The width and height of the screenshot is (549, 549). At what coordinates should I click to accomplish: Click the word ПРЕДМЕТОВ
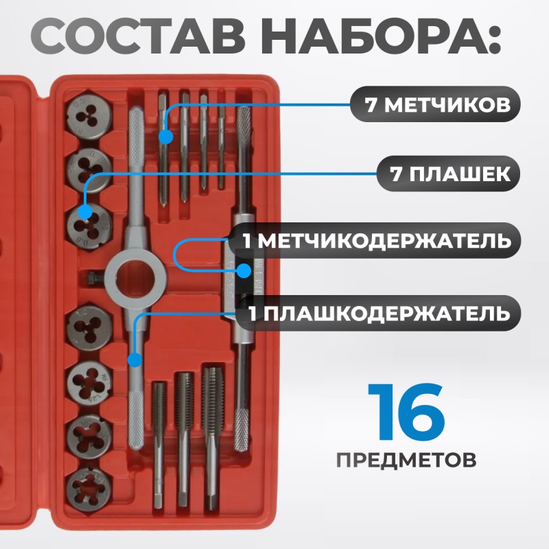coord(406,458)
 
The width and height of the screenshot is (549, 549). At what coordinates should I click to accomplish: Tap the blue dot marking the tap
coord(165,137)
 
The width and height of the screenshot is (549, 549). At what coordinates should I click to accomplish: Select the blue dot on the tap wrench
coord(243,270)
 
